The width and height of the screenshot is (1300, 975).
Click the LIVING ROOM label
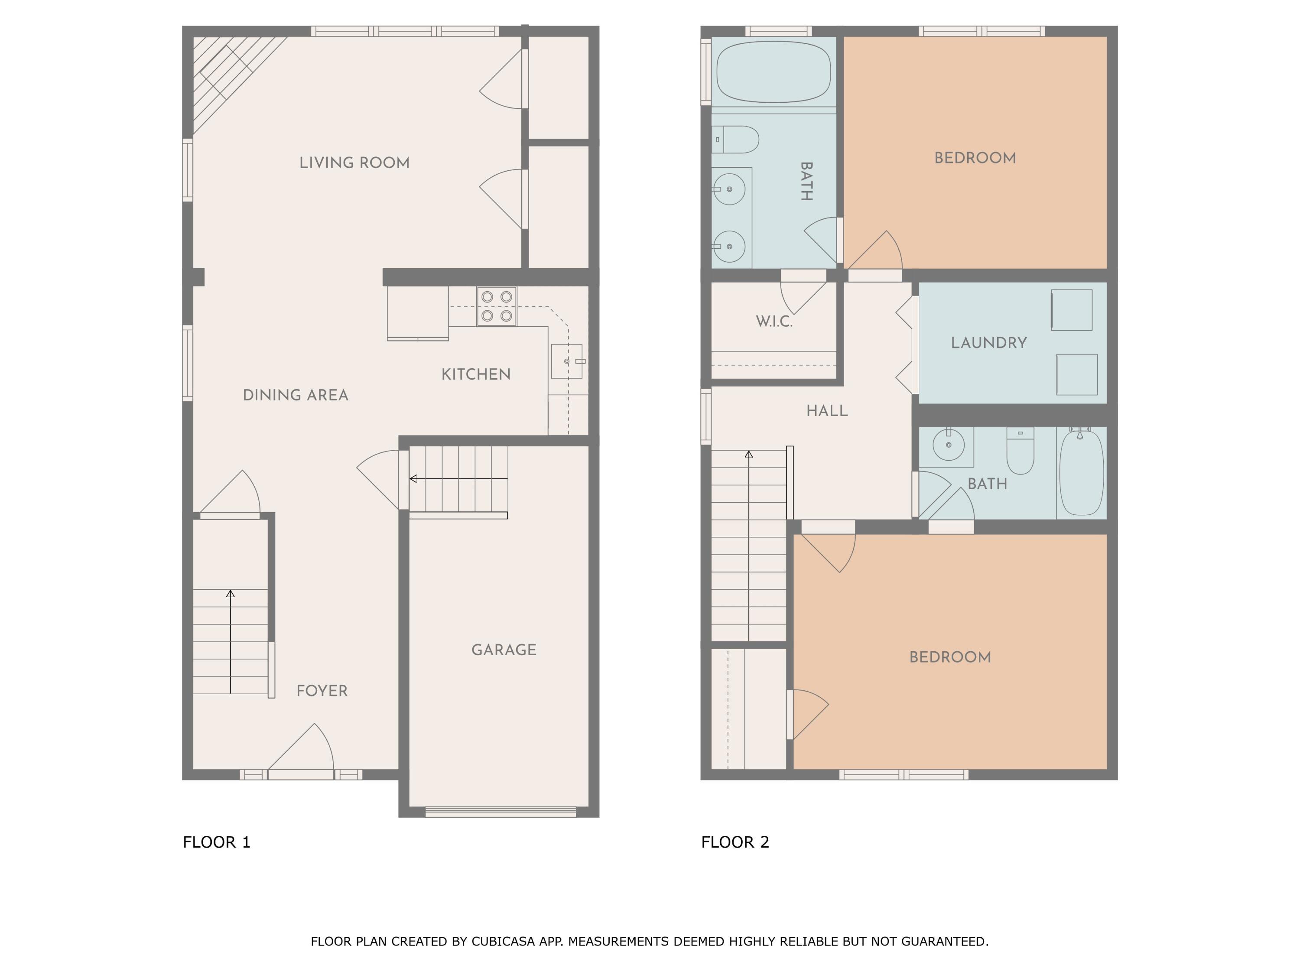pyautogui.click(x=354, y=163)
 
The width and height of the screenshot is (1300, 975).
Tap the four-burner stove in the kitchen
pyautogui.click(x=497, y=306)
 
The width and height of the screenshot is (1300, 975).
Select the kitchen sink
pyautogui.click(x=566, y=361)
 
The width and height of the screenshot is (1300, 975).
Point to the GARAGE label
pyautogui.click(x=504, y=650)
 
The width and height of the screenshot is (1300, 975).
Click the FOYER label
pyautogui.click(x=322, y=691)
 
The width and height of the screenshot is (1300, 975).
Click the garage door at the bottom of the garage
pyautogui.click(x=500, y=812)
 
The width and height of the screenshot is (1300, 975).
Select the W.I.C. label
pyautogui.click(x=774, y=322)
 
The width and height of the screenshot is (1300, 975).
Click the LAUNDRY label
pyautogui.click(x=988, y=343)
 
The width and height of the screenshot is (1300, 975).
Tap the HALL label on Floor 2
pyautogui.click(x=827, y=411)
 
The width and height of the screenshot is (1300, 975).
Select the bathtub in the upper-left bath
pyautogui.click(x=773, y=71)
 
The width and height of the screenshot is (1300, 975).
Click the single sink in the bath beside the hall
pyautogui.click(x=948, y=445)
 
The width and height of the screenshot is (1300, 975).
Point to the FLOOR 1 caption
pyautogui.click(x=216, y=842)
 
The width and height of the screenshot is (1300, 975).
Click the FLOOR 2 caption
pyautogui.click(x=734, y=842)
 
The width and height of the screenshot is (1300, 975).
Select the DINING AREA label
pyautogui.click(x=296, y=395)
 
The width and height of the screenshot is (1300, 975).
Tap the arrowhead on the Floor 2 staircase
pyautogui.click(x=749, y=454)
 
